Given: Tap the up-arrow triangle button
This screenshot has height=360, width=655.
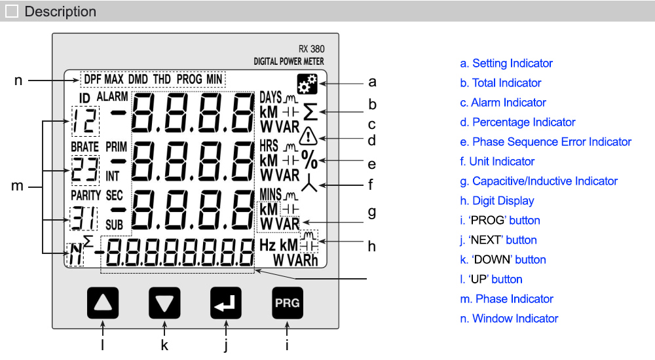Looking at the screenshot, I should (x=103, y=302).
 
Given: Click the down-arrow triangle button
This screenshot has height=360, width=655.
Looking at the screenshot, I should (x=164, y=302).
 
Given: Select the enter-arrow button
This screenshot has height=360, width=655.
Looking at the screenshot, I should (x=226, y=302).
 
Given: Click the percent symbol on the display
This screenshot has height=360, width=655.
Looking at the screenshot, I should (x=309, y=159).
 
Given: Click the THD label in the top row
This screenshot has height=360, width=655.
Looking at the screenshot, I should (x=162, y=79).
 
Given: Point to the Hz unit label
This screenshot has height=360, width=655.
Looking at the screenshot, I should (x=267, y=245).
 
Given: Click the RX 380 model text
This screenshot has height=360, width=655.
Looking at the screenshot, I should (x=310, y=49).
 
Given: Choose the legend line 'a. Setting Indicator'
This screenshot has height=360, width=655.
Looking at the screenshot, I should (x=506, y=63).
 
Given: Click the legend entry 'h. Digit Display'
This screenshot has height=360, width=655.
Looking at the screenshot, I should (x=497, y=201).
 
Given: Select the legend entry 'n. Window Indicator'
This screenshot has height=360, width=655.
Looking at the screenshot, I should (x=509, y=319).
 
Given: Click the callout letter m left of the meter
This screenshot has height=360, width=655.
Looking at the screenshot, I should (x=18, y=187).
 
